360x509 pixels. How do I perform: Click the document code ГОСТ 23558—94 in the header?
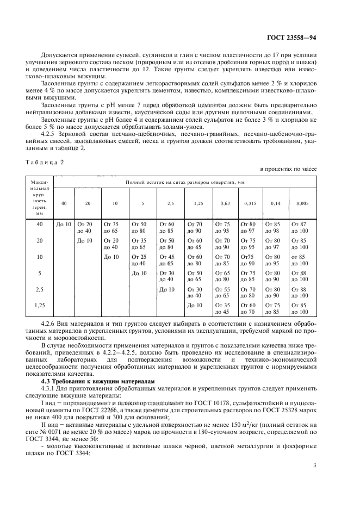tap(293, 39)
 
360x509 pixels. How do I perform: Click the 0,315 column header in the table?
tap(249, 203)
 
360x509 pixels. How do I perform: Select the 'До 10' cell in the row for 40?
tap(64, 224)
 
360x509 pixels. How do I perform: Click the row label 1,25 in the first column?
tap(39, 306)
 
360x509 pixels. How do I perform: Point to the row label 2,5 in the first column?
tap(39, 289)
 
